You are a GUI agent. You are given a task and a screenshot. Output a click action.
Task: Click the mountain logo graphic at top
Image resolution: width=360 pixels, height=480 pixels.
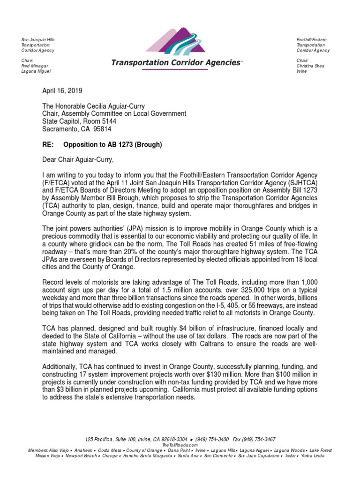click(175, 40)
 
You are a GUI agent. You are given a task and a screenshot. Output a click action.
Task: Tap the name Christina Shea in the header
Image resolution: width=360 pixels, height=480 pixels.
click(310, 66)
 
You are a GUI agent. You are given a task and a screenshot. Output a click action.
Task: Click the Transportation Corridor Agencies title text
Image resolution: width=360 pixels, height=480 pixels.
click(175, 63)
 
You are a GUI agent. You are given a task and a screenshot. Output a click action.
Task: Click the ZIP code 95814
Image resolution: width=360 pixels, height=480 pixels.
click(102, 129)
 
